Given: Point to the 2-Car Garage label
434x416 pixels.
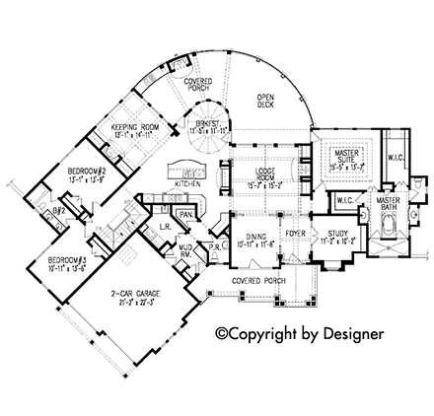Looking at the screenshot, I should point(135,293).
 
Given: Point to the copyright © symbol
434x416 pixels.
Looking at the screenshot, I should point(223,333).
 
